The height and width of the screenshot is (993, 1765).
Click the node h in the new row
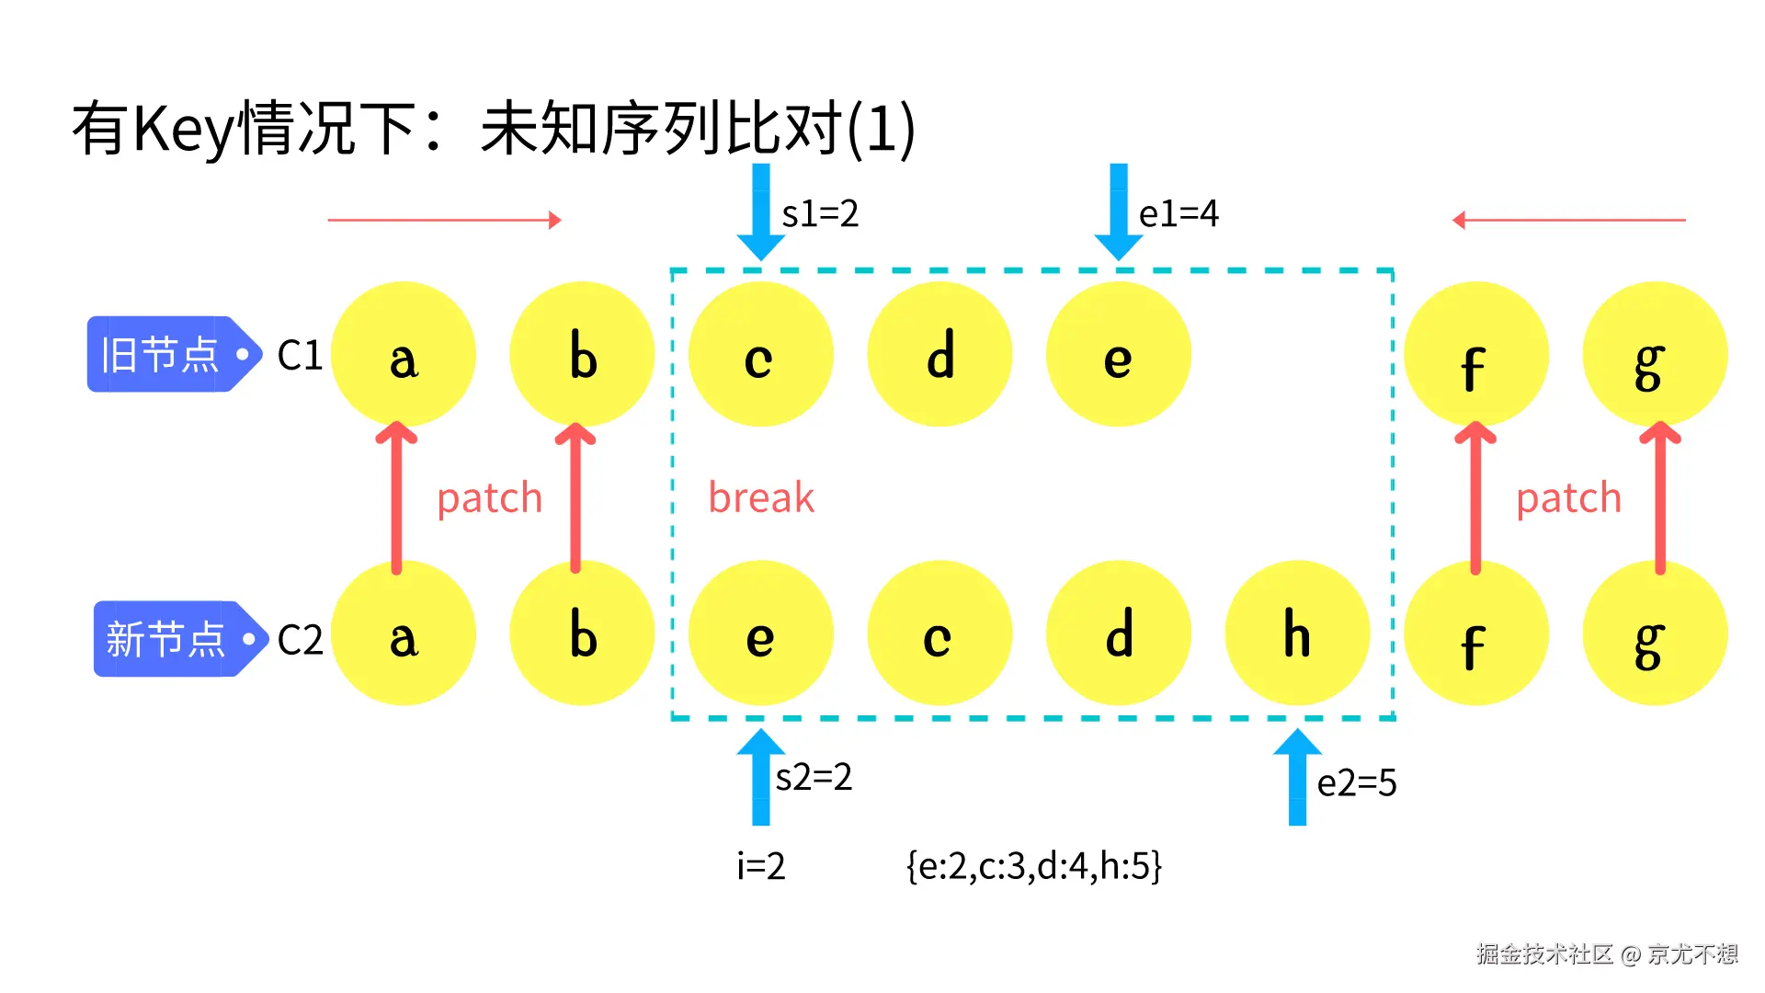click(x=1297, y=633)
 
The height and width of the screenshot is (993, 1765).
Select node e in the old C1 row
click(x=1118, y=355)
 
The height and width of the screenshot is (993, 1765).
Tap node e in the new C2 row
click(x=760, y=633)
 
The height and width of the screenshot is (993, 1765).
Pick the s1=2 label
click(x=820, y=214)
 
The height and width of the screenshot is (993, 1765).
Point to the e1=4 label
click(x=1179, y=214)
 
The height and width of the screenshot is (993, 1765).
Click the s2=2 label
click(x=814, y=778)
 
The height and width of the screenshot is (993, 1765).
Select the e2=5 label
click(x=1357, y=783)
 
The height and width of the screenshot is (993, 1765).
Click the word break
click(x=761, y=498)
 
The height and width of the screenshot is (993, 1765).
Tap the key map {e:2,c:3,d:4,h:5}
click(x=1034, y=866)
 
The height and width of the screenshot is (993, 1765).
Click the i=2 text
click(x=761, y=866)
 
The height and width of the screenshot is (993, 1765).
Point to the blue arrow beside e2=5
click(x=1297, y=777)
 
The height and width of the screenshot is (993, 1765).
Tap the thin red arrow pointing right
click(x=444, y=221)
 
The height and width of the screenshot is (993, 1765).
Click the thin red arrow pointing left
click(x=1569, y=221)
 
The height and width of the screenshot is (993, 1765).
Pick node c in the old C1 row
click(x=760, y=355)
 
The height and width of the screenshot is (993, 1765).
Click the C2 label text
click(x=301, y=640)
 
